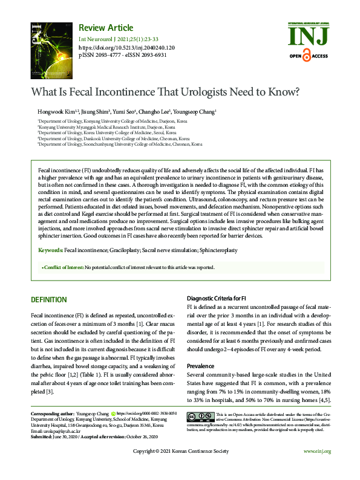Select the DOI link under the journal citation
point(127,47)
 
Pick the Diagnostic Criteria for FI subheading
point(216,299)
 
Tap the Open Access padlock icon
point(306,56)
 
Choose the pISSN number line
point(123,54)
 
